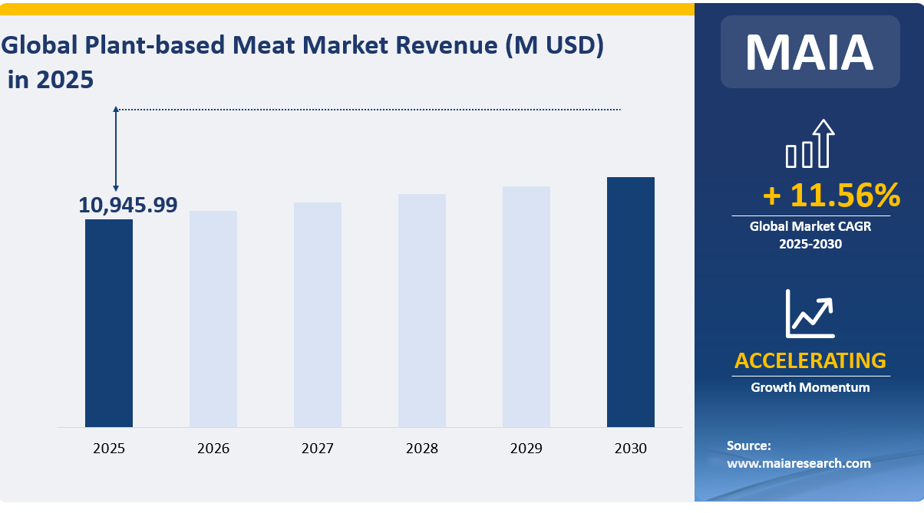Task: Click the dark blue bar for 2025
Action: pos(109,323)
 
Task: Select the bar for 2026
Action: pos(213,318)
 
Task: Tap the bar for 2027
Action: pos(318,314)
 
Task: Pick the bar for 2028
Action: pos(422,310)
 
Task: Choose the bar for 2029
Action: pos(526,306)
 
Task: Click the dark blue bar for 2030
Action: pos(631,301)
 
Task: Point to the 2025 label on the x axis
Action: pos(109,449)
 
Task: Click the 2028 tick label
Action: pos(422,449)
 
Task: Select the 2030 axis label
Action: pos(631,449)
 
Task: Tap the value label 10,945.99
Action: pos(128,205)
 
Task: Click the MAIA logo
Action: pos(810,52)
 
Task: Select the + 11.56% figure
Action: pos(831,196)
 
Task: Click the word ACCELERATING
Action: pos(810,360)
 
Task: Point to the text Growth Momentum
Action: pos(810,387)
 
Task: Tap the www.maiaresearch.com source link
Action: pos(799,463)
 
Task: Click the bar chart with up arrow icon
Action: pos(810,144)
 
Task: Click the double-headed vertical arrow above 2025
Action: pos(116,149)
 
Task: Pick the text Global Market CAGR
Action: pos(810,226)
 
